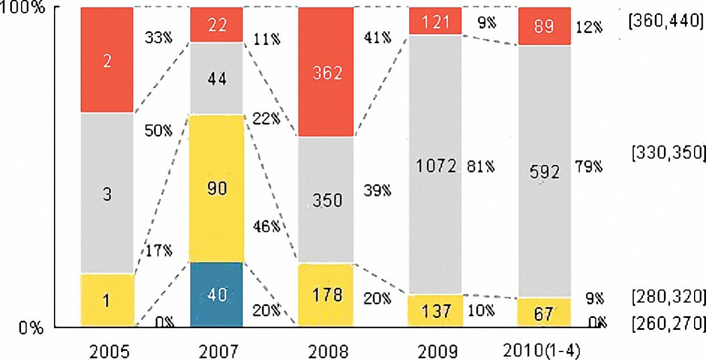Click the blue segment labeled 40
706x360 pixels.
(x=216, y=294)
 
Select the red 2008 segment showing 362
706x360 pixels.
(x=326, y=72)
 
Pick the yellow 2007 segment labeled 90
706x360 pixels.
(x=216, y=188)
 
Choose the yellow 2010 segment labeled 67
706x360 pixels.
(x=544, y=312)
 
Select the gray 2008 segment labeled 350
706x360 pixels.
(x=326, y=199)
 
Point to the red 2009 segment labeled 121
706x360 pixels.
(x=435, y=22)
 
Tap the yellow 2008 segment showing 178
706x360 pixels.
(x=326, y=295)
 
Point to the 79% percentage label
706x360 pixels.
(x=588, y=168)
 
